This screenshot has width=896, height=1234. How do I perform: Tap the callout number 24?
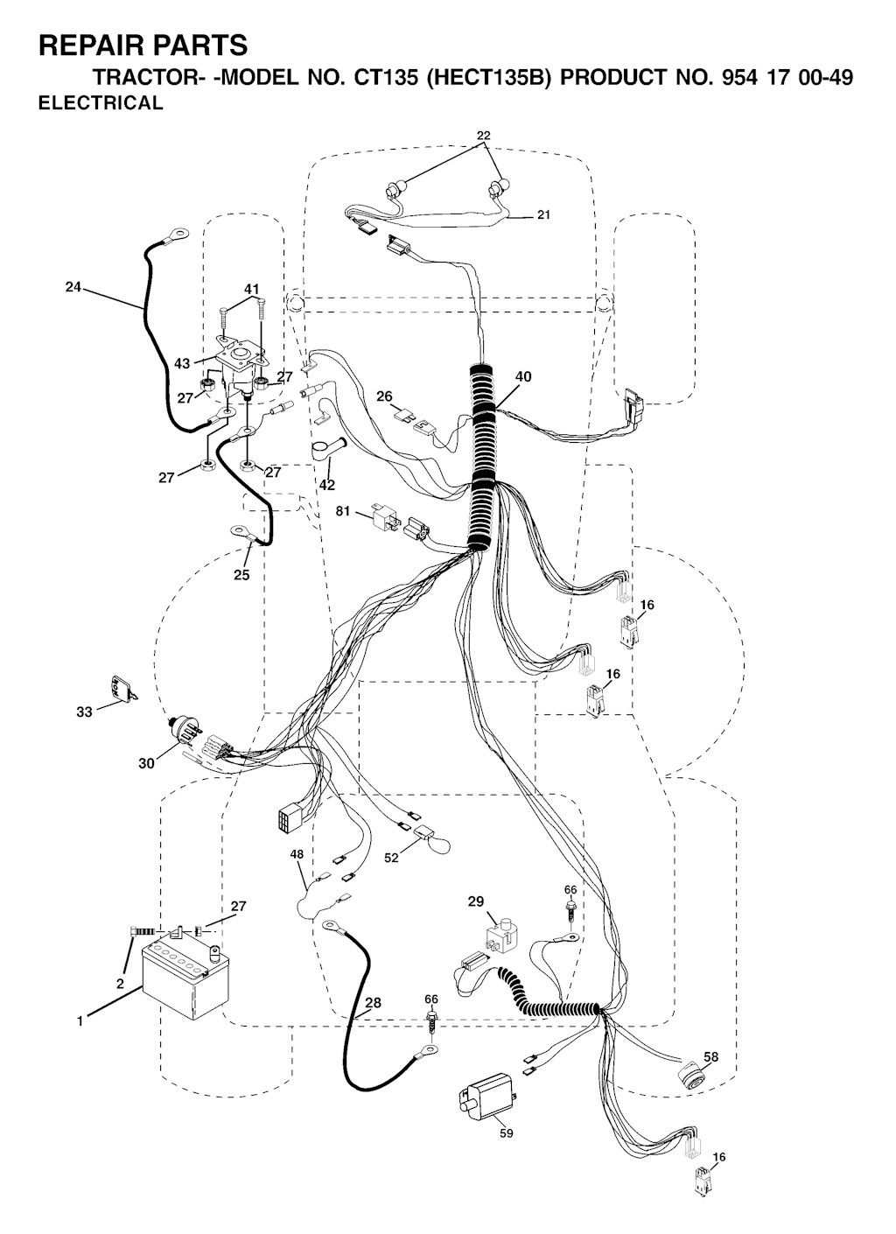[x=73, y=286]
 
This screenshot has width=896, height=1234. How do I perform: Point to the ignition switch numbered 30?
[x=185, y=728]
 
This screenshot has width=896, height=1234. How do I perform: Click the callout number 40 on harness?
[x=523, y=377]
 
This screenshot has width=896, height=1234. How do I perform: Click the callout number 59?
[x=506, y=1133]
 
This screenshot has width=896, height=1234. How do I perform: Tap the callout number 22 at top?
[x=484, y=136]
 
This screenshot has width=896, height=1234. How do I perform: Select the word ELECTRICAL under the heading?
[x=101, y=103]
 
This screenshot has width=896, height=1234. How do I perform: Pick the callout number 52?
[x=391, y=859]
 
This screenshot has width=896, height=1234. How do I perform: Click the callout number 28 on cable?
[x=373, y=1003]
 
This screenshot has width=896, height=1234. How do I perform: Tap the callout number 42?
[x=327, y=485]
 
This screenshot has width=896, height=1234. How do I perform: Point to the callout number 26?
[x=383, y=396]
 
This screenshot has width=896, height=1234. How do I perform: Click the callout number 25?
[x=241, y=575]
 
